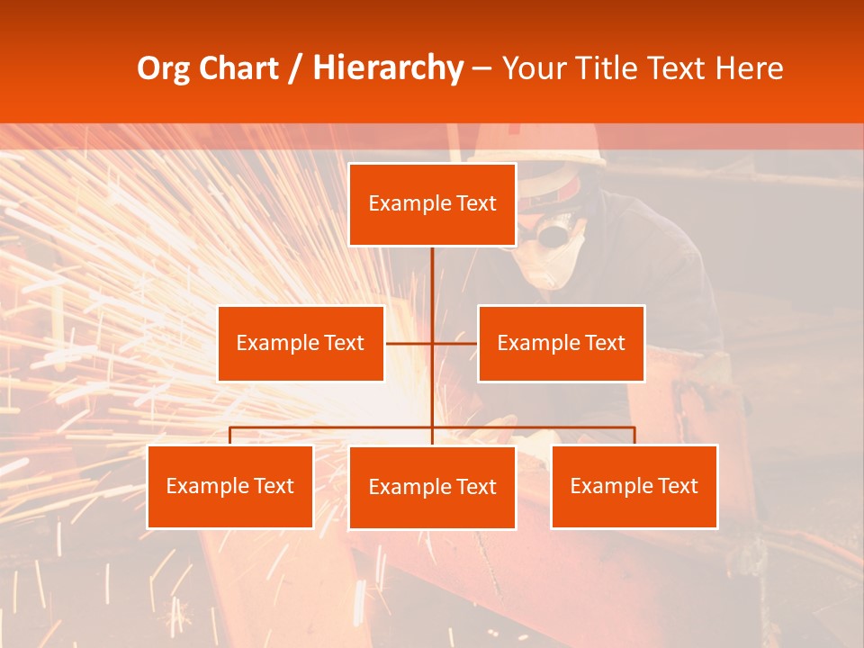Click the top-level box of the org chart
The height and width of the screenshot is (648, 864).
[x=432, y=204]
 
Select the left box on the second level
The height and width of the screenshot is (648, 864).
[x=301, y=343]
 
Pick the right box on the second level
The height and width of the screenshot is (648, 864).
[x=561, y=343]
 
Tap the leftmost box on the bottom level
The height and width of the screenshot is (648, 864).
[x=230, y=486]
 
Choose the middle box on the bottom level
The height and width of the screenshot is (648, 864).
[x=432, y=487]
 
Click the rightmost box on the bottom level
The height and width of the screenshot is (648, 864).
[x=634, y=486]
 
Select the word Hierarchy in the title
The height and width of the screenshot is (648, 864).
[x=387, y=68]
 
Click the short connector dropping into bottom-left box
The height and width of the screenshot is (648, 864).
[x=230, y=436]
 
